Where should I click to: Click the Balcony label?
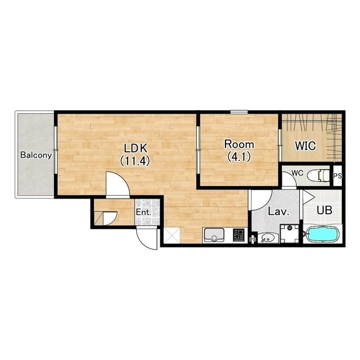[x=36, y=155]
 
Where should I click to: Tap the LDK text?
[x=135, y=148]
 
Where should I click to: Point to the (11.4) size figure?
[x=135, y=160]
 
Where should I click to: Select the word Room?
[x=239, y=144]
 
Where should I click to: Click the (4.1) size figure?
[x=238, y=157]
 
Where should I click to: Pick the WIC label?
[x=305, y=146]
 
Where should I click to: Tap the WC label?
[x=298, y=173]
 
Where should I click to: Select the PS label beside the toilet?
[x=337, y=176]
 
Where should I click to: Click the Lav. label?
[x=278, y=211]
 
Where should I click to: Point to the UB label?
[x=324, y=210]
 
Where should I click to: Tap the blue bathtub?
[x=323, y=234]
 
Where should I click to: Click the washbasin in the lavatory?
[x=267, y=237]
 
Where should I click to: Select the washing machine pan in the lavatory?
[x=290, y=233]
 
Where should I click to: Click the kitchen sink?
[x=214, y=235]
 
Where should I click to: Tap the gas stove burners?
[x=239, y=235]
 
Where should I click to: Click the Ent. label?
[x=143, y=212]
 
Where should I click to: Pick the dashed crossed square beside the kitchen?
[x=172, y=235]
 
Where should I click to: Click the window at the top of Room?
[x=239, y=112]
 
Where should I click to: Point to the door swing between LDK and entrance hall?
[x=118, y=185]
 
